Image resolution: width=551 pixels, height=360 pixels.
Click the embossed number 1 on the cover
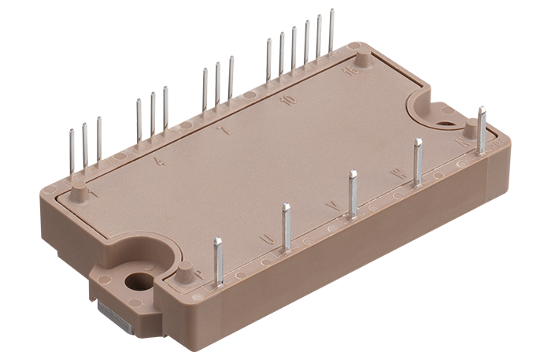pyautogui.click(x=94, y=193)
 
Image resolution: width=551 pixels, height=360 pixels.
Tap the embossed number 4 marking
pyautogui.click(x=161, y=161)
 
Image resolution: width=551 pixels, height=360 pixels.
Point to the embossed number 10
pyautogui.click(x=289, y=102)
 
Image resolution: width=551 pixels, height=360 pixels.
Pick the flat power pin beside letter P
pyautogui.click(x=218, y=261)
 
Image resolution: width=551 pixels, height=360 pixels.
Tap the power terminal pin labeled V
pyautogui.click(x=353, y=193)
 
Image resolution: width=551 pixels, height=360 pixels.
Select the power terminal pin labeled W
pyautogui.click(x=418, y=161)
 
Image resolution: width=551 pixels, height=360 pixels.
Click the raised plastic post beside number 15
pyautogui.click(x=361, y=60)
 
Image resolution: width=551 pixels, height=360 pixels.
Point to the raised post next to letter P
pyautogui.click(x=184, y=274)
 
